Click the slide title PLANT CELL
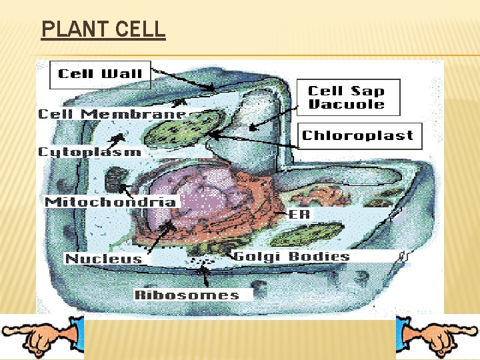(x=103, y=30)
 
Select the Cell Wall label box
(x=101, y=74)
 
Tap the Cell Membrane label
(x=112, y=114)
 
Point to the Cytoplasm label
(x=89, y=152)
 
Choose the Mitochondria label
(x=111, y=201)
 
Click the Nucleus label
(x=103, y=259)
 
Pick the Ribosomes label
(x=187, y=295)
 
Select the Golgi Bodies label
(x=291, y=257)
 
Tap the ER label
(x=299, y=215)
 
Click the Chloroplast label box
(x=358, y=135)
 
